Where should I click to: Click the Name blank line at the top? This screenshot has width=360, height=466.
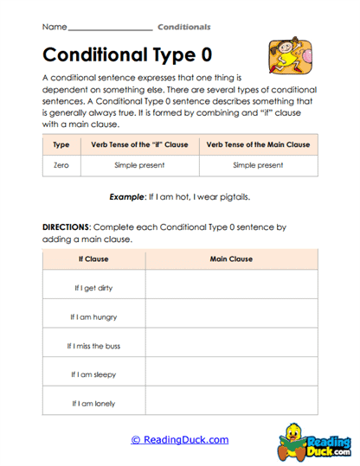point(108,28)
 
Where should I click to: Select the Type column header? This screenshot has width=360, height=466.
point(61,145)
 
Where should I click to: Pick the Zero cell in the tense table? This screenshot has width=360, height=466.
point(61,164)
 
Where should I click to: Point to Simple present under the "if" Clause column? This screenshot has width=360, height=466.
point(139,164)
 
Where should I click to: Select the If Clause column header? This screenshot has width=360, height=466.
point(93,259)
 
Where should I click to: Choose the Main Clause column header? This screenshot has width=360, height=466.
point(231,259)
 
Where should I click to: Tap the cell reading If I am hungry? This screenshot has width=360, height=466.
point(93,316)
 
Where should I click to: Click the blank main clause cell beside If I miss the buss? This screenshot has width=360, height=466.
point(231,346)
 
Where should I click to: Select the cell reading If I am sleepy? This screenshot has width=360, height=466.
point(93,374)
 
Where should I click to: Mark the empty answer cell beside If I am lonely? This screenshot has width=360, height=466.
point(231,404)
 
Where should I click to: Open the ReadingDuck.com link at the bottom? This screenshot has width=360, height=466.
point(180,440)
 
